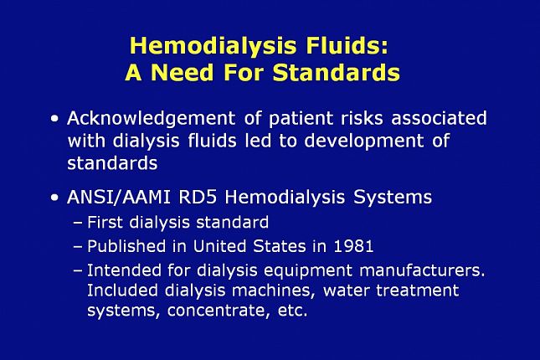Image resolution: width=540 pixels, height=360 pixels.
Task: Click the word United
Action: [x=226, y=246]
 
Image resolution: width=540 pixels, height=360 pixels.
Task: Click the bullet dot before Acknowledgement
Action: [x=55, y=119]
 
